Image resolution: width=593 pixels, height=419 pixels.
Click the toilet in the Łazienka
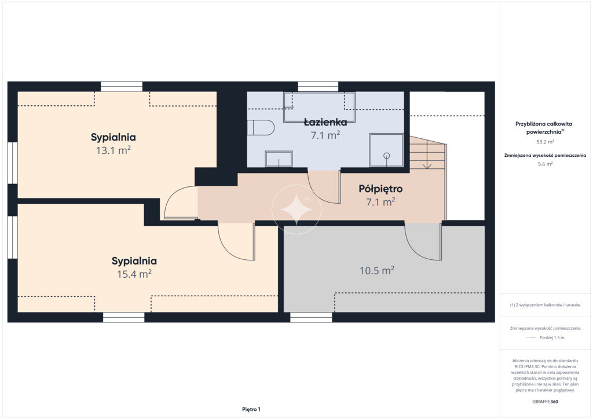point(261,127)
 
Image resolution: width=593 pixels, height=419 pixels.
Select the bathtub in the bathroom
point(319,107)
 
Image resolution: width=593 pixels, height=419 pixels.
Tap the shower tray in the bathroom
point(386,150)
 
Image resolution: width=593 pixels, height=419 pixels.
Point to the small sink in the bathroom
point(279,159)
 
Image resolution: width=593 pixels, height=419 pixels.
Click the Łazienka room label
point(325,122)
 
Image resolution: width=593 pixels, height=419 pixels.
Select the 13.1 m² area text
point(114,150)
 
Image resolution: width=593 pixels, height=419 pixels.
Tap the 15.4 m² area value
point(134,274)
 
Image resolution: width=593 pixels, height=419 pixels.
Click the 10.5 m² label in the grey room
point(377,270)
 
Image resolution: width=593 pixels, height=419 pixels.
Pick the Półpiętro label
point(380,189)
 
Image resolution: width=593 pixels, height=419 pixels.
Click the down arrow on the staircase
point(427,164)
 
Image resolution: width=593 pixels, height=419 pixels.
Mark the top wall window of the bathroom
point(318,87)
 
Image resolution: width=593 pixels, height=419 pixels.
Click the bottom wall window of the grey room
point(311,317)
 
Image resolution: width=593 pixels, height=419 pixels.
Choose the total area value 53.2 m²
point(546,142)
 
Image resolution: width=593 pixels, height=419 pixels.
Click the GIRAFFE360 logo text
point(545,402)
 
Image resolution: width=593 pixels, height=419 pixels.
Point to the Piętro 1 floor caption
point(251,409)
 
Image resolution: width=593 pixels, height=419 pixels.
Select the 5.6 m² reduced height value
point(546,164)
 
